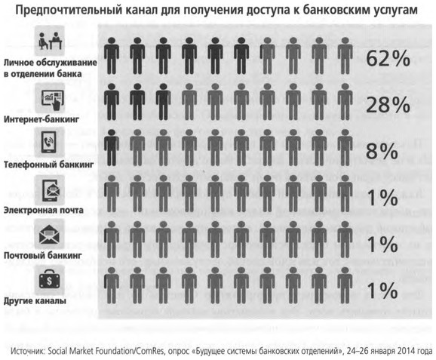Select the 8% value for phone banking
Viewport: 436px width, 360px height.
click(x=382, y=151)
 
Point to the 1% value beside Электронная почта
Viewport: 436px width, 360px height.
click(x=382, y=198)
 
